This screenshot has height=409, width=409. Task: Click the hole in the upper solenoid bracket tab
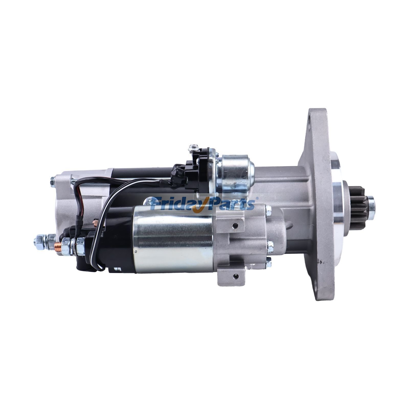pos(235,225)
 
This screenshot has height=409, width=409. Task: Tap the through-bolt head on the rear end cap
pos(53,182)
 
